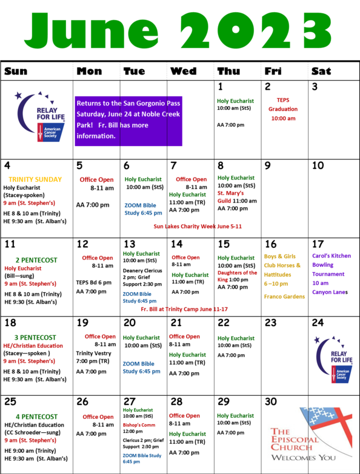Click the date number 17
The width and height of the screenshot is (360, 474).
pos(318,244)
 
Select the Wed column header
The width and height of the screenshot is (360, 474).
pos(184,71)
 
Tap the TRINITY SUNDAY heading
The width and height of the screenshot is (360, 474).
pos(35,179)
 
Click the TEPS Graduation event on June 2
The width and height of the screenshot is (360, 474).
pos(283,109)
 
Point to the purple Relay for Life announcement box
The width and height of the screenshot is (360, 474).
pos(128,121)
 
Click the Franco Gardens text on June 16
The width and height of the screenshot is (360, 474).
pos(284,296)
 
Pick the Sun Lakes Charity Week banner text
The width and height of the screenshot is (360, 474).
pos(198,227)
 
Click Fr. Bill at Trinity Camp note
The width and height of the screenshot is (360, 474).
pos(184,309)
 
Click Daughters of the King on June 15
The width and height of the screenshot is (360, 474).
pos(238,276)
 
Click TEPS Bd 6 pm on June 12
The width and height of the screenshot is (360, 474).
pos(94,282)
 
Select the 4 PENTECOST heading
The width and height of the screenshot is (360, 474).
pos(36,417)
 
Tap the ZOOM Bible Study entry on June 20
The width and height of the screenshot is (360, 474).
pos(141,367)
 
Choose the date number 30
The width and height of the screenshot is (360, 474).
pos(271,401)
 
